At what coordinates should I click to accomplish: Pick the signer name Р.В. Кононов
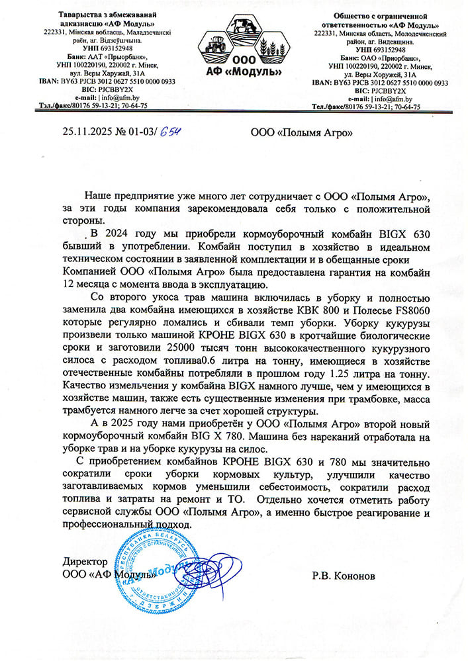pos(343,576)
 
